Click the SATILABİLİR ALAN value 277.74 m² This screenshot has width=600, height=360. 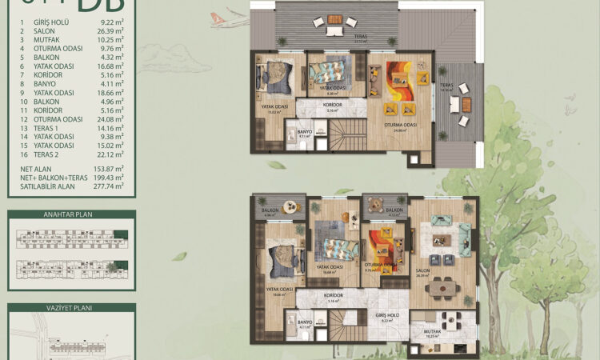coord(109,186)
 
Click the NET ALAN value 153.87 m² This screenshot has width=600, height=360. coord(109,170)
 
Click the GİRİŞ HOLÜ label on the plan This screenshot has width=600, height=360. coord(388,316)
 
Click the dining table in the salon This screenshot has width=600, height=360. coord(439,288)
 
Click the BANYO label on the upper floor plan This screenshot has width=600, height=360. coord(304,132)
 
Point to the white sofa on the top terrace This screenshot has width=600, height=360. coord(333,30)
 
